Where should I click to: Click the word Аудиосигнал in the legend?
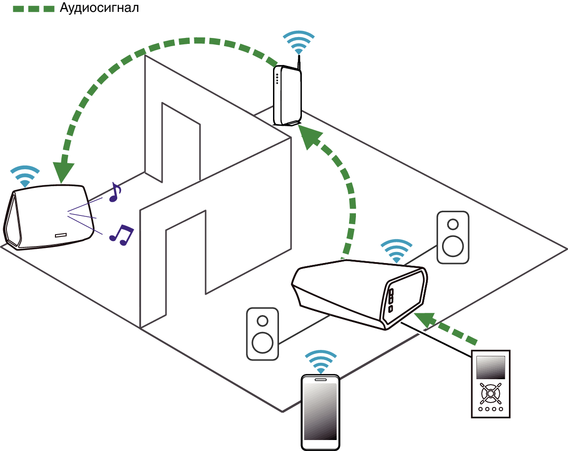tap(99, 8)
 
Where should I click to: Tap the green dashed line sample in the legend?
tap(33, 9)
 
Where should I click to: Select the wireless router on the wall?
tap(287, 96)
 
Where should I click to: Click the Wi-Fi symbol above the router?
tap(299, 42)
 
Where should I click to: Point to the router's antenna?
tap(299, 62)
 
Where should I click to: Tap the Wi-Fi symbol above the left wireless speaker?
tap(25, 176)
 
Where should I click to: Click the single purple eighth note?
tap(115, 192)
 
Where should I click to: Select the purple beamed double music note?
tap(121, 235)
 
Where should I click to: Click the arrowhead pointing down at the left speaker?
tap(63, 172)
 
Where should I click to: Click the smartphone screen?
tap(321, 412)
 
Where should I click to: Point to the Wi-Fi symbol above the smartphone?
tap(321, 362)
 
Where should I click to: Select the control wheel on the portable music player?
tap(491, 394)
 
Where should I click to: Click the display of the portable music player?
tap(491, 367)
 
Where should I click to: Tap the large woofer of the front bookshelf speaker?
tap(262, 343)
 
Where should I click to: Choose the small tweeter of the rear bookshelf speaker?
tap(453, 224)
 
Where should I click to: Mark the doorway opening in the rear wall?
tap(181, 142)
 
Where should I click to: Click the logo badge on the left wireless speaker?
tap(61, 235)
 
